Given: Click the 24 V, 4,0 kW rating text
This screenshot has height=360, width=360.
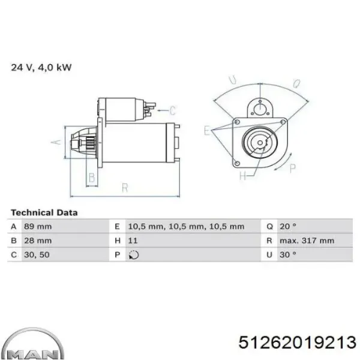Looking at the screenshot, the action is pyautogui.click(x=41, y=67).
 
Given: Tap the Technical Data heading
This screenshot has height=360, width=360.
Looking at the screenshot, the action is pyautogui.click(x=44, y=212).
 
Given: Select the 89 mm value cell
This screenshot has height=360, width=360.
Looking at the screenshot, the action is pyautogui.click(x=38, y=227).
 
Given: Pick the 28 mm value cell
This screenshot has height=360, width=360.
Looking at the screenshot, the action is pyautogui.click(x=38, y=241).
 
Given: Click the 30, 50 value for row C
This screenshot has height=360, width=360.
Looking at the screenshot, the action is pyautogui.click(x=37, y=255).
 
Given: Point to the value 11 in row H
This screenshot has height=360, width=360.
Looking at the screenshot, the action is pyautogui.click(x=133, y=241).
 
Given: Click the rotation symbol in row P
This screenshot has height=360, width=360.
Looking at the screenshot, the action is pyautogui.click(x=134, y=255).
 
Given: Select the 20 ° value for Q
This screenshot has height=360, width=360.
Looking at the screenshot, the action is pyautogui.click(x=288, y=227).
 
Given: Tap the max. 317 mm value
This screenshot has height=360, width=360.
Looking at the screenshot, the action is pyautogui.click(x=307, y=241).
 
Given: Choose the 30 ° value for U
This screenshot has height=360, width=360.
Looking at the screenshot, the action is pyautogui.click(x=288, y=255).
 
